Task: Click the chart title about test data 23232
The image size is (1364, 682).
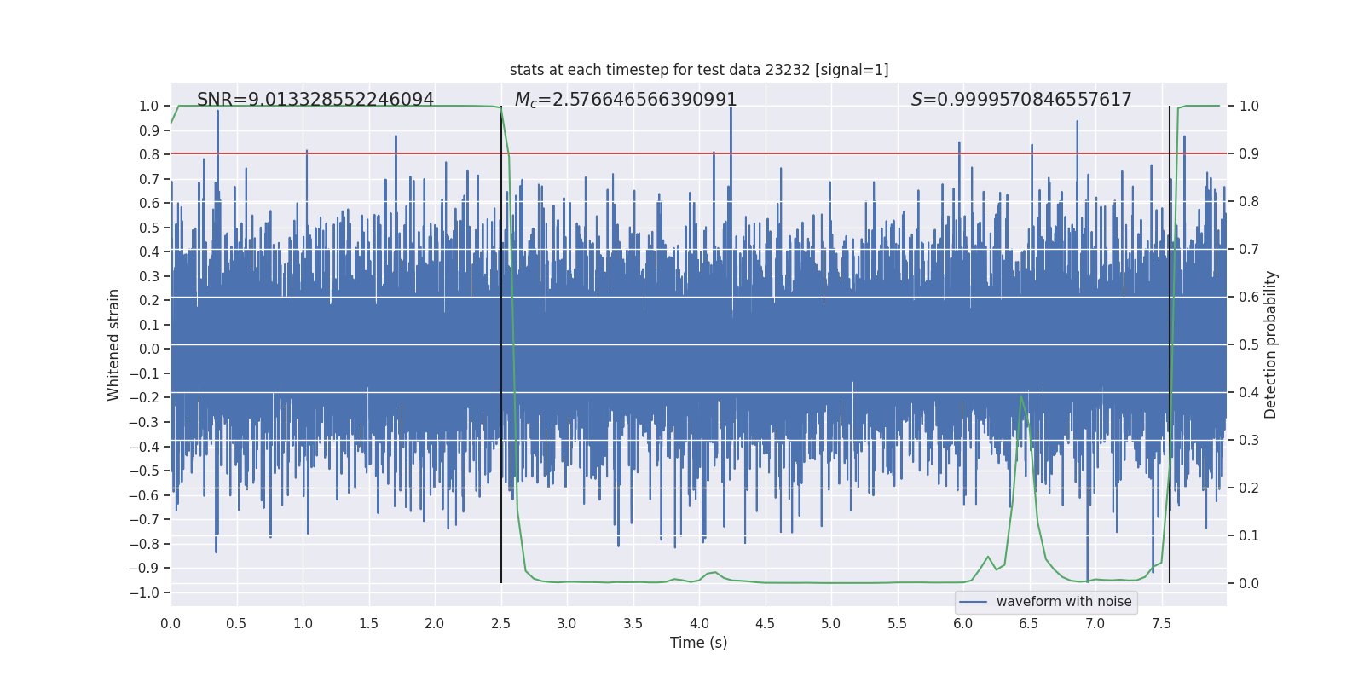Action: click(x=699, y=70)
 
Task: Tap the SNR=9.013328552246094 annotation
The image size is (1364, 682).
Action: click(x=315, y=100)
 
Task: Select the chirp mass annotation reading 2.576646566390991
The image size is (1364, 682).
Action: click(x=626, y=100)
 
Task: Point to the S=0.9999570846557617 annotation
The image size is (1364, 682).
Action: click(x=1021, y=100)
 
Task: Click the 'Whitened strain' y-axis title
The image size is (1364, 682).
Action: click(x=114, y=344)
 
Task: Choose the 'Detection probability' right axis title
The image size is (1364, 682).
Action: click(x=1270, y=344)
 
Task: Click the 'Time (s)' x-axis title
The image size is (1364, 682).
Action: click(x=698, y=643)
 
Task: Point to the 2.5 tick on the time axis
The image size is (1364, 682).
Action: click(x=500, y=624)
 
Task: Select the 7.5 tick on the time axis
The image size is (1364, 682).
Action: click(x=1161, y=624)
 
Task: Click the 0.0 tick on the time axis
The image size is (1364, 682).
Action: click(x=170, y=624)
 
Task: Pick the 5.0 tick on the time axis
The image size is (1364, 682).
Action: click(x=830, y=624)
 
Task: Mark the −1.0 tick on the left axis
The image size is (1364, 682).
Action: click(x=148, y=592)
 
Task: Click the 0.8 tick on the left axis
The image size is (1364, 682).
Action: click(x=150, y=154)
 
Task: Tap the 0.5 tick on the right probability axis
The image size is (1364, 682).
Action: click(x=1248, y=344)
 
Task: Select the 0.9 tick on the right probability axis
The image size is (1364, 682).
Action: click(x=1248, y=153)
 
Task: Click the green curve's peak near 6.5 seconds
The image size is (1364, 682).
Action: click(x=1021, y=396)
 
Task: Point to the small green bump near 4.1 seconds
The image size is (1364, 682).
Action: click(x=714, y=572)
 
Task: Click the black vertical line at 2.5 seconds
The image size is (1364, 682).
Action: click(x=501, y=341)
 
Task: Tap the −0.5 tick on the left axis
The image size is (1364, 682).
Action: click(x=148, y=471)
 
